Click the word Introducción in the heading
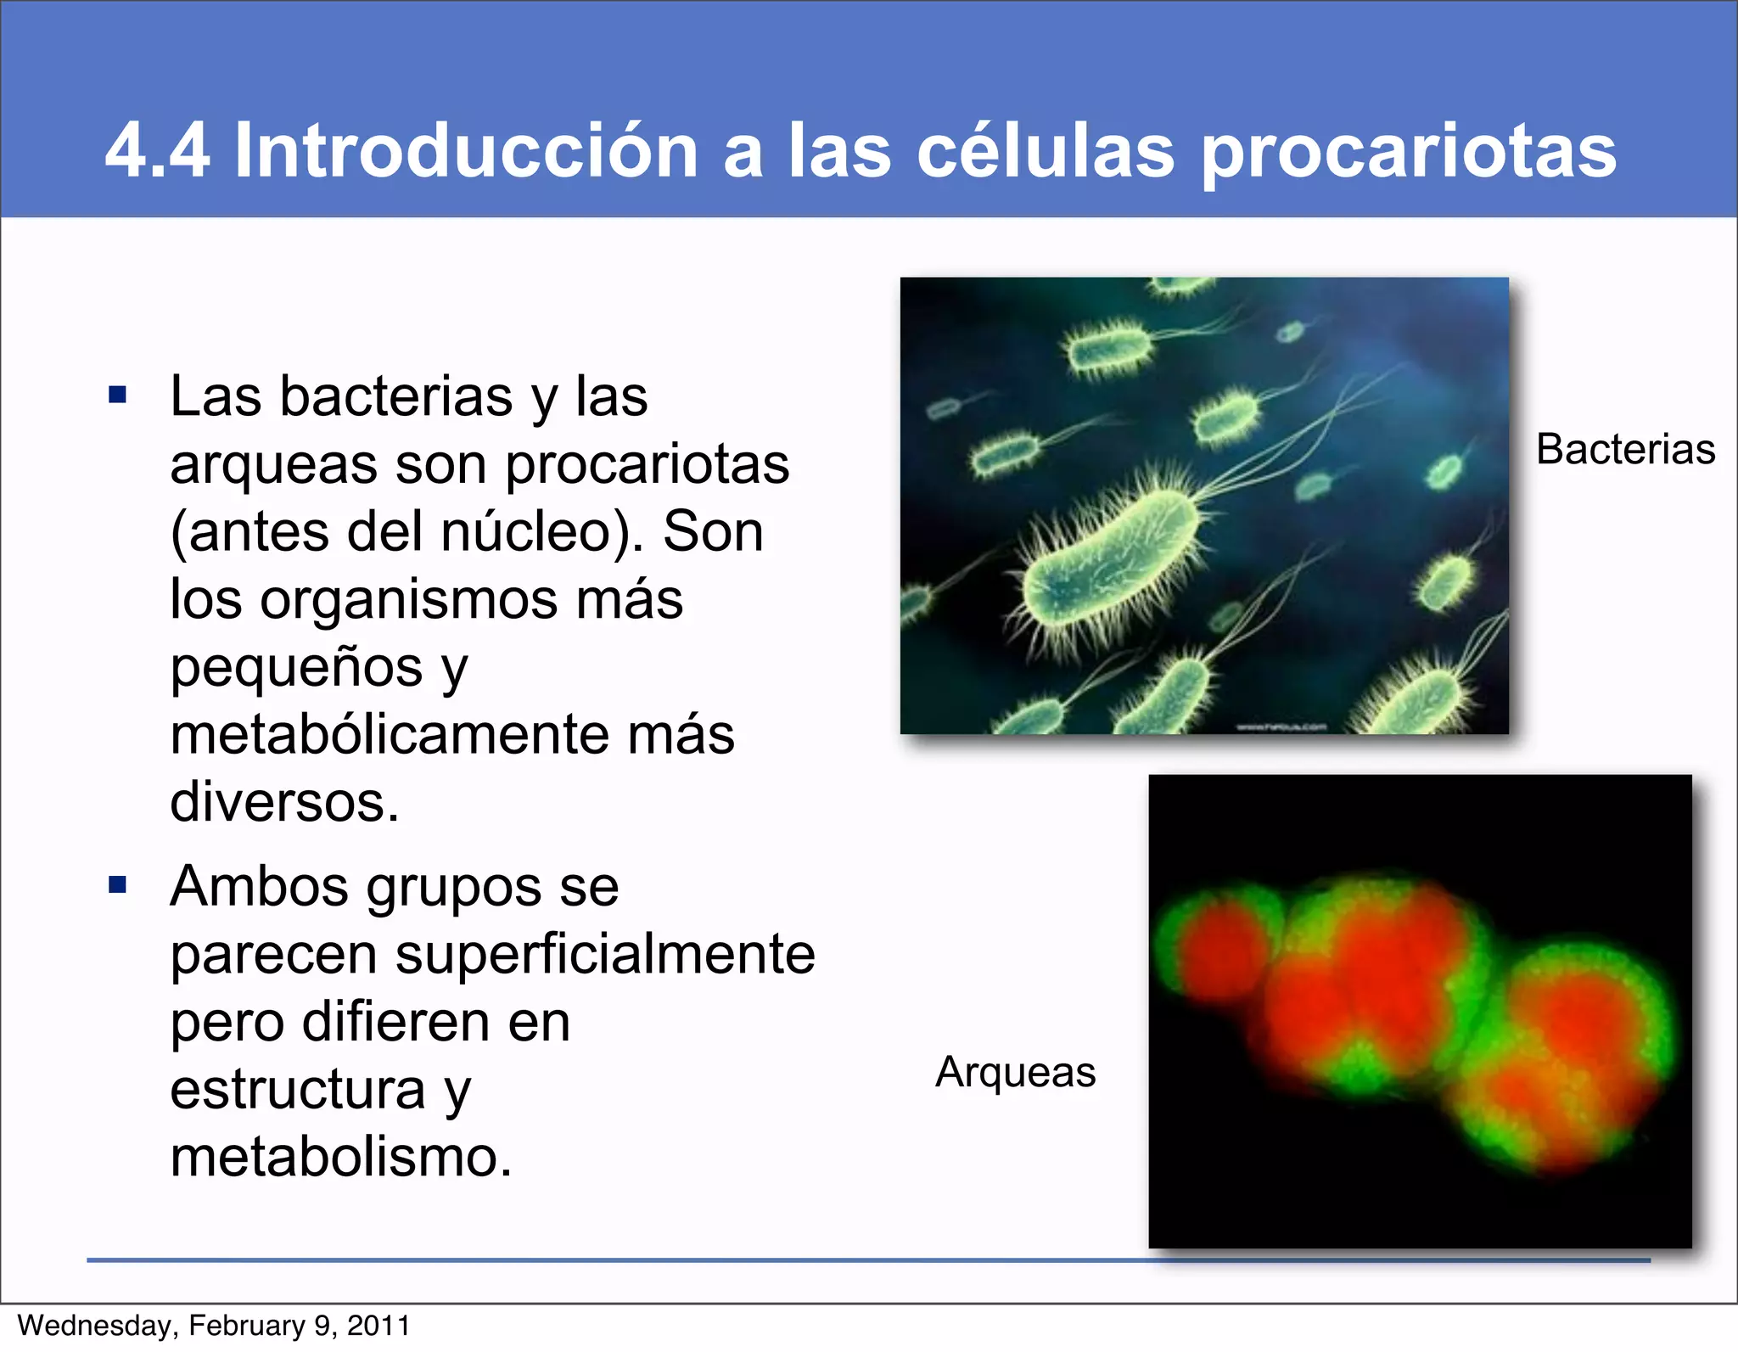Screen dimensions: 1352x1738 [465, 150]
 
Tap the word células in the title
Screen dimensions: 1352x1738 [1046, 150]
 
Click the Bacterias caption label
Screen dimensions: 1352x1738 [1625, 449]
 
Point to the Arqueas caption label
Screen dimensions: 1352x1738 [1015, 1071]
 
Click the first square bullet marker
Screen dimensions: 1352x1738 [118, 395]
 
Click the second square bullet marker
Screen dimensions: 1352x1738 [118, 885]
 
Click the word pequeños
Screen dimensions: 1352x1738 [296, 668]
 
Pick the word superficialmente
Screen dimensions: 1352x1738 [605, 954]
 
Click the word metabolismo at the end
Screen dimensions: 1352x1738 [341, 1156]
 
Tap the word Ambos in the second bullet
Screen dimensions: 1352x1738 [259, 887]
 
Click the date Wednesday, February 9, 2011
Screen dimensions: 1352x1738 [214, 1326]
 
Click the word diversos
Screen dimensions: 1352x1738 [284, 801]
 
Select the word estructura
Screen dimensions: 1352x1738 [297, 1090]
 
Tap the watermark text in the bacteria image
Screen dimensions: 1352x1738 [1281, 727]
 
